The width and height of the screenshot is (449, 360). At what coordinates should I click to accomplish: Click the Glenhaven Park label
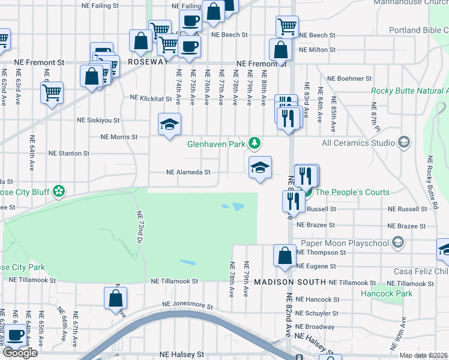(216, 144)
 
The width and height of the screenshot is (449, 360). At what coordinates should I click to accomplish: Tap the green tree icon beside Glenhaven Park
(256, 143)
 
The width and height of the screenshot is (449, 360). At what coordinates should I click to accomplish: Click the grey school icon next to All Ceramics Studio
(404, 142)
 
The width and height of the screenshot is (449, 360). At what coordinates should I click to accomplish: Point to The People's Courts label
(352, 192)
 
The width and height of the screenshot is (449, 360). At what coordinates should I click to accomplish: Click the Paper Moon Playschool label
(343, 242)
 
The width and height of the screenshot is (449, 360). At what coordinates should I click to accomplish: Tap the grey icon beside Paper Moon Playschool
(397, 242)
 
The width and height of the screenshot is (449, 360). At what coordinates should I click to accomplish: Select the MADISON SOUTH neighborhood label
(289, 282)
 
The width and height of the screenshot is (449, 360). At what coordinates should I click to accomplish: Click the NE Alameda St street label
(188, 172)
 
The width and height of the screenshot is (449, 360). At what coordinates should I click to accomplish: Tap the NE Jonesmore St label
(187, 305)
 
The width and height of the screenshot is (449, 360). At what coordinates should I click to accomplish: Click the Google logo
(20, 352)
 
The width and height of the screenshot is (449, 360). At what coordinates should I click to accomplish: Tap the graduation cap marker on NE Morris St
(170, 125)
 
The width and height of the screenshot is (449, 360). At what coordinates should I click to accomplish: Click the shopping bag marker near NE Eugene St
(285, 255)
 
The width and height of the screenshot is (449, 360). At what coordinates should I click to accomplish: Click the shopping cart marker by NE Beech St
(287, 26)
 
